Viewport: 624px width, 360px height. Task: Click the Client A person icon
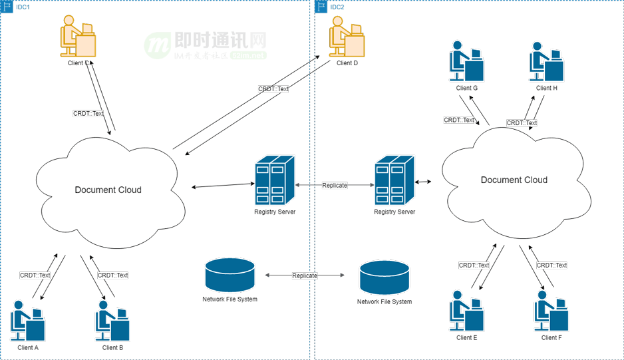coord(28,320)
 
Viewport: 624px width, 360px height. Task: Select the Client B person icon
coord(112,320)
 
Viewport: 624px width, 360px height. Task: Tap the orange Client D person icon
coord(347,36)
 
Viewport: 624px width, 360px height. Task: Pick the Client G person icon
coord(466,61)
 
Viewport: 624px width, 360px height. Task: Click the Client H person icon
coord(546,61)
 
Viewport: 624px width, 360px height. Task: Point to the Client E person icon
coord(466,311)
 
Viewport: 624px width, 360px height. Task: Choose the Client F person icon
coord(551,311)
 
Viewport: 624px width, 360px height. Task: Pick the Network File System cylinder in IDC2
coord(385,278)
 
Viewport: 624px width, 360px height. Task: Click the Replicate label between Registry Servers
coord(335,185)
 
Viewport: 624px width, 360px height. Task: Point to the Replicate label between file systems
coord(305,275)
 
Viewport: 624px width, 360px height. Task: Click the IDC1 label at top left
coord(23,7)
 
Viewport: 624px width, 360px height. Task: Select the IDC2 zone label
coord(337,7)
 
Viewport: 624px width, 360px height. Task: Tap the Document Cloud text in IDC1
coord(108,190)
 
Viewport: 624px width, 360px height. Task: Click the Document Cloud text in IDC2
coord(514,180)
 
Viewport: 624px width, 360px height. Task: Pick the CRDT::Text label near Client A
coord(35,275)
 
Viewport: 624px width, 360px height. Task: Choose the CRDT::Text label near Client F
coord(552,265)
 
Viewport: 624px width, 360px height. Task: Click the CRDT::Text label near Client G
coord(460,120)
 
